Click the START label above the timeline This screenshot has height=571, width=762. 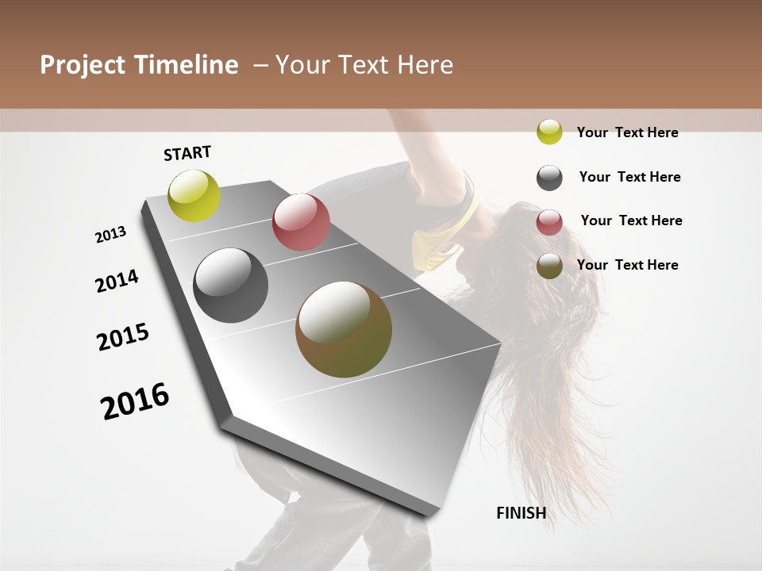(x=187, y=153)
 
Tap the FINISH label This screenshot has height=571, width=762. (x=521, y=513)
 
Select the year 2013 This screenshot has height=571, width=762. (x=111, y=235)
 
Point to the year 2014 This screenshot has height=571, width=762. (x=117, y=281)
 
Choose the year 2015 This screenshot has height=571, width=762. (x=123, y=337)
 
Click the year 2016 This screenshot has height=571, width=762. (x=136, y=400)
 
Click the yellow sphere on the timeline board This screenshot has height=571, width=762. (x=194, y=195)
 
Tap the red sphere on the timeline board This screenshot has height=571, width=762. (x=301, y=222)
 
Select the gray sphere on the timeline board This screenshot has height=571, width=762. (x=231, y=285)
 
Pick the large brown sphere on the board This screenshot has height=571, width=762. (x=344, y=329)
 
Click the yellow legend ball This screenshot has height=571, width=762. (x=549, y=132)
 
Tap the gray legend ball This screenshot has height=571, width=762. (x=549, y=178)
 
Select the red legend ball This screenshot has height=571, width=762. (x=549, y=222)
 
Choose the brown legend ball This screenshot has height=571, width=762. (x=549, y=266)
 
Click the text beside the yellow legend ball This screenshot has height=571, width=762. (x=627, y=132)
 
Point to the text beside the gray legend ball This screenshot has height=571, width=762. (x=629, y=177)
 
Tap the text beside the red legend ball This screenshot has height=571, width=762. (x=631, y=220)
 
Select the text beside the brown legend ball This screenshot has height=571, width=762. (x=627, y=265)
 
